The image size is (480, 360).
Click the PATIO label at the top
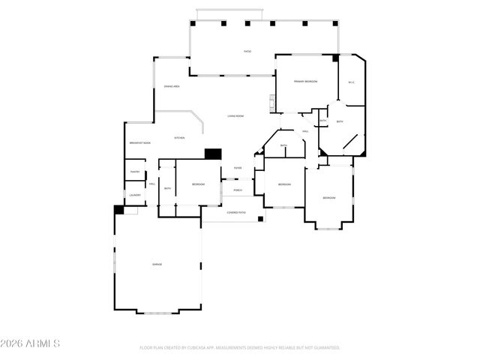247,51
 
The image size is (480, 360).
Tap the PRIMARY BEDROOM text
305,80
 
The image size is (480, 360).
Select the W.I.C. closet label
351,82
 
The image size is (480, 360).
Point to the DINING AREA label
172,87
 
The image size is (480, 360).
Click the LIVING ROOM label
237,115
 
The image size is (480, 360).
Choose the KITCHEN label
180,138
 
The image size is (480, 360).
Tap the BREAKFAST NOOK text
140,142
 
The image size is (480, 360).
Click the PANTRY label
135,172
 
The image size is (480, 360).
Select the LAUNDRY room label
135,196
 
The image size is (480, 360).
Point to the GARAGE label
157,265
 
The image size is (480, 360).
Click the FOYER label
237,168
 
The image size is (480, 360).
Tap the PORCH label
238,190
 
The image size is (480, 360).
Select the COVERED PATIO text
237,213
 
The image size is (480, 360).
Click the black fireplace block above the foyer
214,154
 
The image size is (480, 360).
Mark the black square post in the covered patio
260,219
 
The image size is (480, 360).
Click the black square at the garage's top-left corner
118,211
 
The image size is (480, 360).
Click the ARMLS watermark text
43,343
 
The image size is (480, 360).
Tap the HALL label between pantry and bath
152,184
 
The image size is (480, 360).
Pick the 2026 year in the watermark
13,343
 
